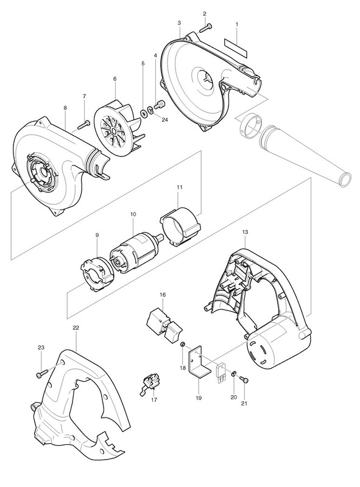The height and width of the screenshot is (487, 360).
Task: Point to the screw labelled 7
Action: point(83,124)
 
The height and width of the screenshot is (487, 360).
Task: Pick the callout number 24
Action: point(164,119)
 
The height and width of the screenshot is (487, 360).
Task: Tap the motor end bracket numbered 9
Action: point(97,273)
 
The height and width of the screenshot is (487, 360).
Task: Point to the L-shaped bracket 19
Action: point(200,362)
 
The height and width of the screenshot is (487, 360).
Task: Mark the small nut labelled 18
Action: point(183,345)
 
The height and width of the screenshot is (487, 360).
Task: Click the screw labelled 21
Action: point(244,379)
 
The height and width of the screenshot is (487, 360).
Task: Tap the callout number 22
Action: point(76,328)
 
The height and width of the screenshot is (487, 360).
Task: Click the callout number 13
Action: point(245,232)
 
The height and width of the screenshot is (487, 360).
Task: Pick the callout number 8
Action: point(65,108)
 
